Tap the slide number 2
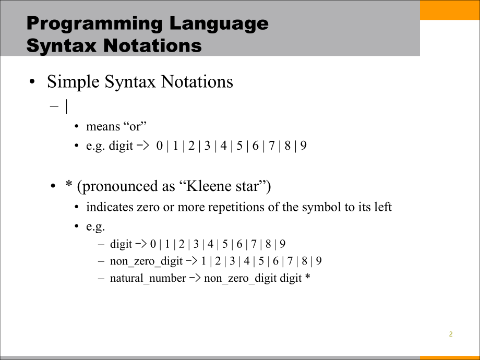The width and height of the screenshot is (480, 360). [451, 334]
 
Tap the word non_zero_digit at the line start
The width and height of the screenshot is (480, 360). [146, 261]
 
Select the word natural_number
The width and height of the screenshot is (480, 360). [148, 278]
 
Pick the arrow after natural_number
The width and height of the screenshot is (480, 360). [195, 278]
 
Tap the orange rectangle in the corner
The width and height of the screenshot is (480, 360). [450, 10]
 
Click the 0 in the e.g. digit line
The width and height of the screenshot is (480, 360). [159, 146]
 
